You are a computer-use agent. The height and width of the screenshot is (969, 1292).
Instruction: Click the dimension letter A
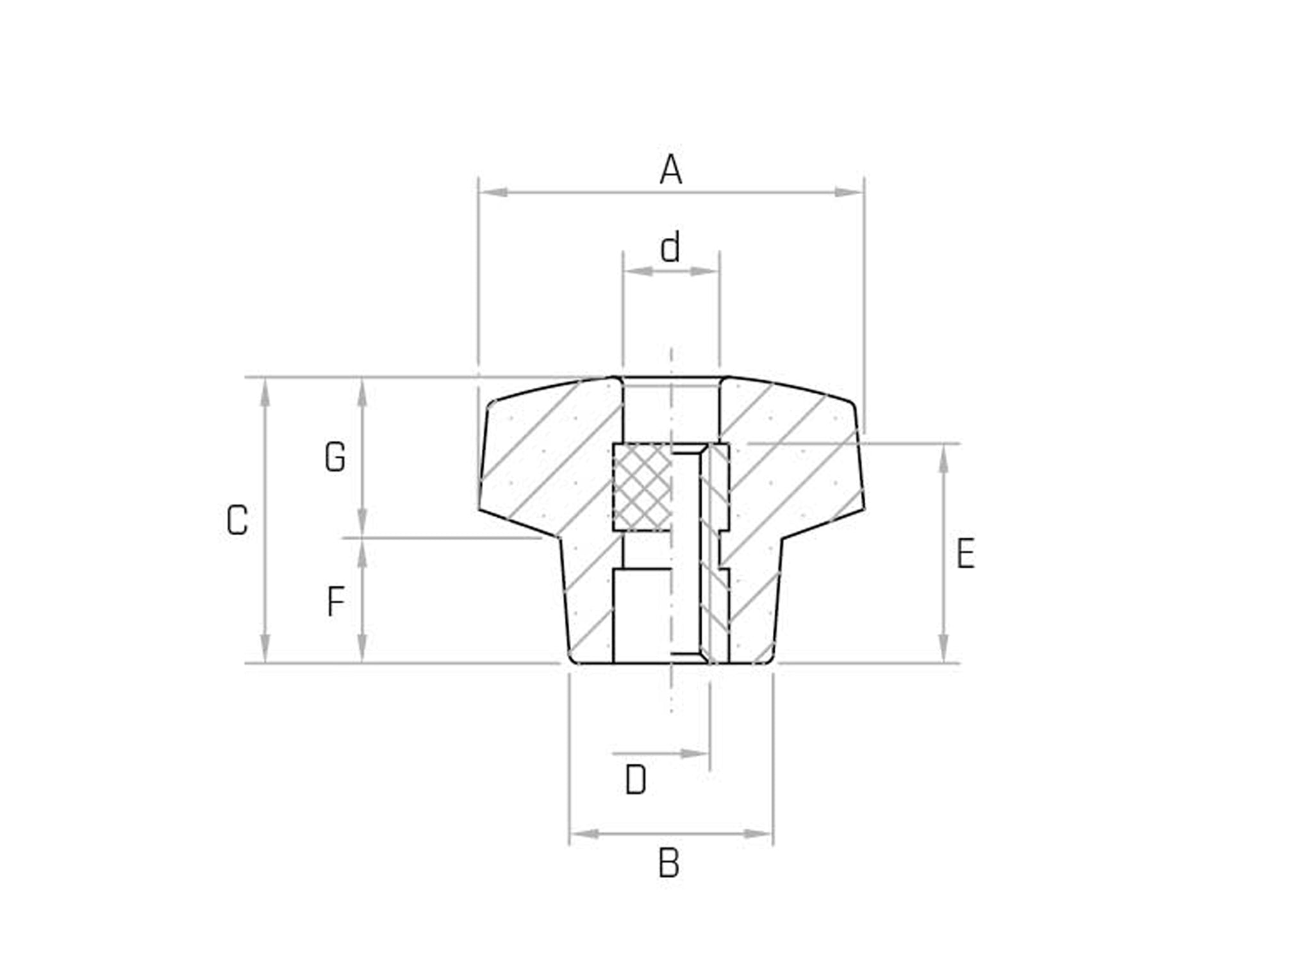pos(671,170)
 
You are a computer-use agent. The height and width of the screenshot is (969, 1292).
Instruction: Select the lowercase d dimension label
pos(670,248)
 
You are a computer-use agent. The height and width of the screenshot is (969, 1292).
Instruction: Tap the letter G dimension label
pos(335,458)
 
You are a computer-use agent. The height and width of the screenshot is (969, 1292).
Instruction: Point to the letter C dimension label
pos(237,520)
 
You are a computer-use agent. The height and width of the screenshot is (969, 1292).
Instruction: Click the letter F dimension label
pos(336,602)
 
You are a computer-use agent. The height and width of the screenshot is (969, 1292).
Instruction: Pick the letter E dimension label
pos(965,554)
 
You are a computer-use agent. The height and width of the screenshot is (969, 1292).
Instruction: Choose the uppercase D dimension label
pos(636,781)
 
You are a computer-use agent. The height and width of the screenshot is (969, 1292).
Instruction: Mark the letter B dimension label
pos(669,864)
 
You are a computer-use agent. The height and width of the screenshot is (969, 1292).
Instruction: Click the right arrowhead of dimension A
pos(849,192)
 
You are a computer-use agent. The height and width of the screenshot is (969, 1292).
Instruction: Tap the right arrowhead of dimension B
pos(759,834)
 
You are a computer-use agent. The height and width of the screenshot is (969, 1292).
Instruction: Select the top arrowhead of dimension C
pos(265,392)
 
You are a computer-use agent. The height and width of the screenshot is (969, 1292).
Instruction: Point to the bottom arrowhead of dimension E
pos(943,648)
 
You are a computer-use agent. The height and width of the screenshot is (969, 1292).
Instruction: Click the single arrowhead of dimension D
pos(695,754)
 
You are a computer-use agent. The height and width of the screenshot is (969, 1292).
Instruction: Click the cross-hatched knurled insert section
pos(642,487)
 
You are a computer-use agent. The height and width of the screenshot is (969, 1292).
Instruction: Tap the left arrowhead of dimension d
pos(637,272)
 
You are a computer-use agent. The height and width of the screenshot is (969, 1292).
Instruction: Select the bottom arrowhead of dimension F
pos(362,648)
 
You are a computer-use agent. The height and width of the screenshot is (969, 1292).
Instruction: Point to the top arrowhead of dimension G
pos(362,392)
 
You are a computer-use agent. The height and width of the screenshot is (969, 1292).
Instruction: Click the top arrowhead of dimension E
pos(943,459)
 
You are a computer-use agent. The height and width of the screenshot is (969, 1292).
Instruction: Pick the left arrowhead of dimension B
pos(584,834)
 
